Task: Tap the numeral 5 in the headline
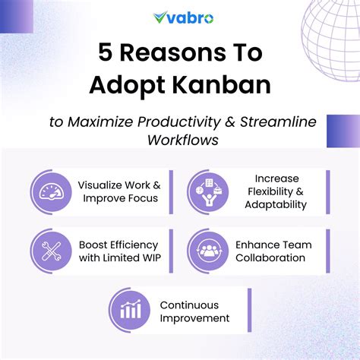tap(106, 52)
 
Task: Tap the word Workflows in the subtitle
tap(179, 141)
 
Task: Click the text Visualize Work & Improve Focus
tap(119, 192)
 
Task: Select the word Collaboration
tap(270, 257)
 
